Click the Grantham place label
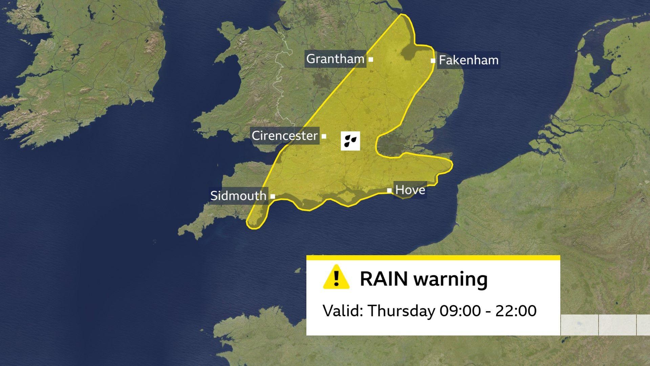coord(335,59)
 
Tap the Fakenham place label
coord(469,60)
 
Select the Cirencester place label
coord(285,136)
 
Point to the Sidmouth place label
coord(238,196)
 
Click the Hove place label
coord(410,190)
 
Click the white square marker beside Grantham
coord(371,59)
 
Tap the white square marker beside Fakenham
coord(433,61)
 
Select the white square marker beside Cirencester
coord(324,136)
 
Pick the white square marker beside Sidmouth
coord(273,196)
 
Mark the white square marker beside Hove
coord(389,190)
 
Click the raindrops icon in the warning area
coord(350,141)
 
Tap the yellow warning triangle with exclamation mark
coord(336,277)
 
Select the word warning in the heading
coord(451,280)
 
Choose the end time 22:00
coord(516,311)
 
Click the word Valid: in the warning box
coord(343,311)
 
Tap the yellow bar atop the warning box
coord(433,258)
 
